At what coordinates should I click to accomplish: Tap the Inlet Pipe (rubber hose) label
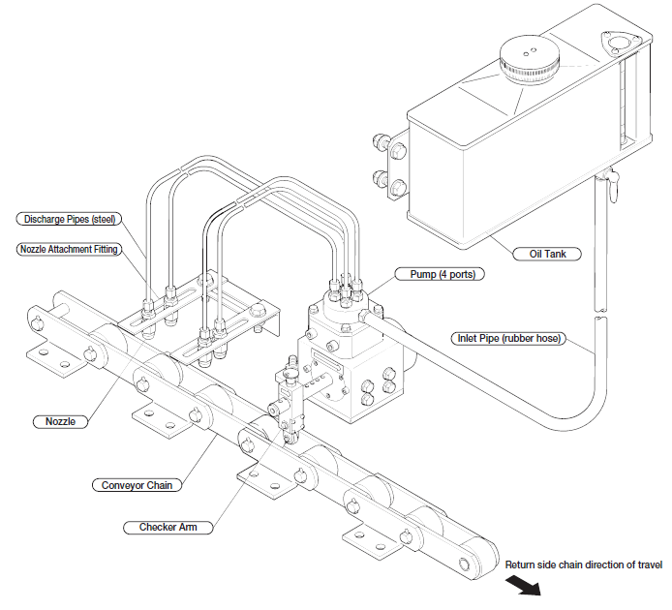509,339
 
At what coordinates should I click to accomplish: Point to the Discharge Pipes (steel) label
68,218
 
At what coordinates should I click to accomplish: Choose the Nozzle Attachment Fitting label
69,249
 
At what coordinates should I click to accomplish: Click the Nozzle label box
61,421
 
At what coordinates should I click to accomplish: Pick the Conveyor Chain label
133,484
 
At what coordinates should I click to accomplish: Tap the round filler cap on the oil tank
529,59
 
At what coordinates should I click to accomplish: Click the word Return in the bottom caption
523,564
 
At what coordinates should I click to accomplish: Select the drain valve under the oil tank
609,184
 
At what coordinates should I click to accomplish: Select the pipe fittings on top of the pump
345,287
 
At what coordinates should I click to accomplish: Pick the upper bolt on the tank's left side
396,151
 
